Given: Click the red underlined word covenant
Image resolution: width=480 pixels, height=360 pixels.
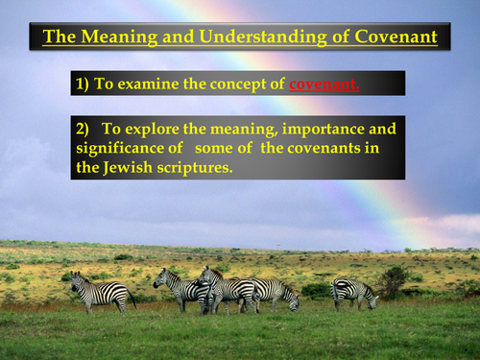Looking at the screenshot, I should pyautogui.click(x=325, y=84).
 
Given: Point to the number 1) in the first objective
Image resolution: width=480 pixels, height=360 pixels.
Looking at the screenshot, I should pyautogui.click(x=83, y=84).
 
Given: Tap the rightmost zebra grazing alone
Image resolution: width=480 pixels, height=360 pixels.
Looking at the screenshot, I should pyautogui.click(x=352, y=290).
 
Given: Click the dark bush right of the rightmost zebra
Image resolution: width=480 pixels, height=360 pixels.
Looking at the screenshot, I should pyautogui.click(x=391, y=280).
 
